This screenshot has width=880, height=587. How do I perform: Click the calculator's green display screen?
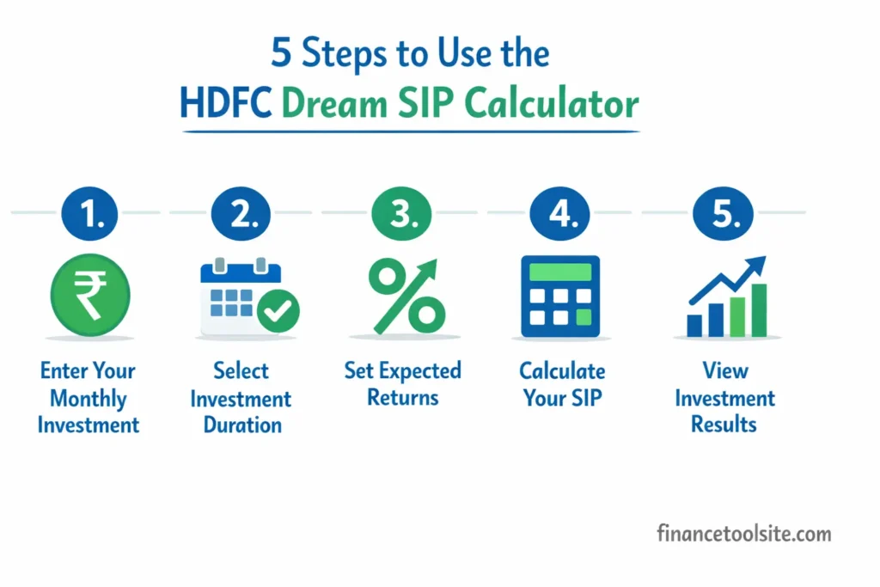560,272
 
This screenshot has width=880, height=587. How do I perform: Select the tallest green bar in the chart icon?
759,310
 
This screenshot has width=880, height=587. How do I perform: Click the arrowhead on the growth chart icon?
755,265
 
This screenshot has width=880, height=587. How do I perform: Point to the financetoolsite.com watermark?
744,534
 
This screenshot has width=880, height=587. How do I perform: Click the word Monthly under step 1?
89,399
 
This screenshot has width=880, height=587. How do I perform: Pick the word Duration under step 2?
242,425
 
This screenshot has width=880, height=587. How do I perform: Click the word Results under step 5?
724,425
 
